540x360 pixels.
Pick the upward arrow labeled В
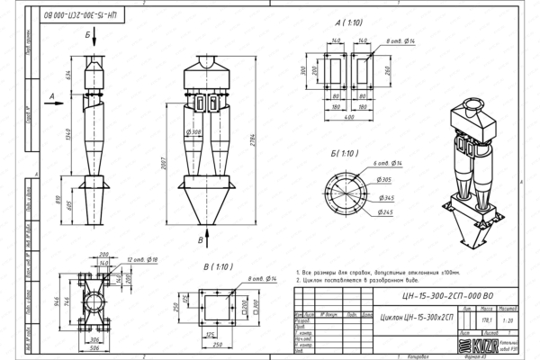(208, 236)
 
